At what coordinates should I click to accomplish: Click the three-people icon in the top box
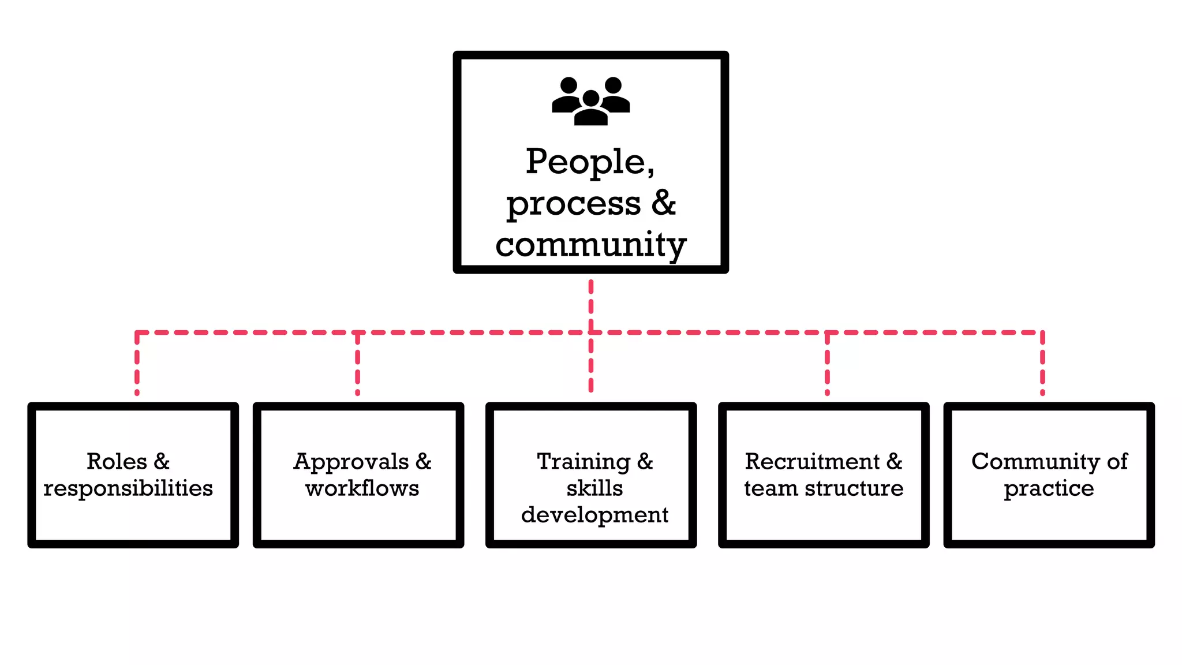click(x=590, y=101)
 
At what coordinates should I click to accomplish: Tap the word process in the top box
click(x=573, y=204)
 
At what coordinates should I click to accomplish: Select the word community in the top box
click(x=590, y=245)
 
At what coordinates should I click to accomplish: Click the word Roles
click(x=117, y=461)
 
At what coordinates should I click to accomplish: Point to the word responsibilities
click(x=128, y=488)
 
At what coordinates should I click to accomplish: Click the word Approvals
click(x=351, y=462)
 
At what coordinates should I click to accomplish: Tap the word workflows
click(x=362, y=488)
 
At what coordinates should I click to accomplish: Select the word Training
click(x=583, y=462)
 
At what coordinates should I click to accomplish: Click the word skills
click(x=594, y=488)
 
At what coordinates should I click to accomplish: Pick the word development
click(x=594, y=515)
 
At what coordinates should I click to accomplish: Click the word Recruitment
click(x=812, y=461)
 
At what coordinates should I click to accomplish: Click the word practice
click(x=1049, y=488)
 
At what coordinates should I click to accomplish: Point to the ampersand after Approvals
click(x=423, y=461)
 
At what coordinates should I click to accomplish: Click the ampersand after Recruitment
click(x=894, y=461)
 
